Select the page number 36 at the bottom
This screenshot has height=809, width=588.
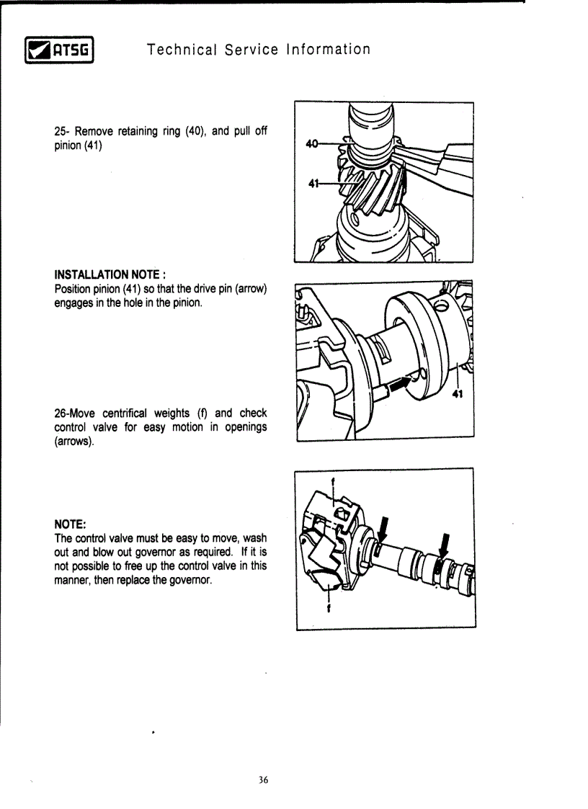click(263, 780)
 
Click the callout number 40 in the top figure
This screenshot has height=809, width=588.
click(312, 144)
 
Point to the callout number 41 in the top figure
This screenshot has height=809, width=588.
click(313, 183)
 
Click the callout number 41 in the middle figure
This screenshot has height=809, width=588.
click(457, 394)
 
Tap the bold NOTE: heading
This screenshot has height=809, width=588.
click(72, 524)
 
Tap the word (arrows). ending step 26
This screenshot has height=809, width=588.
click(74, 441)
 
